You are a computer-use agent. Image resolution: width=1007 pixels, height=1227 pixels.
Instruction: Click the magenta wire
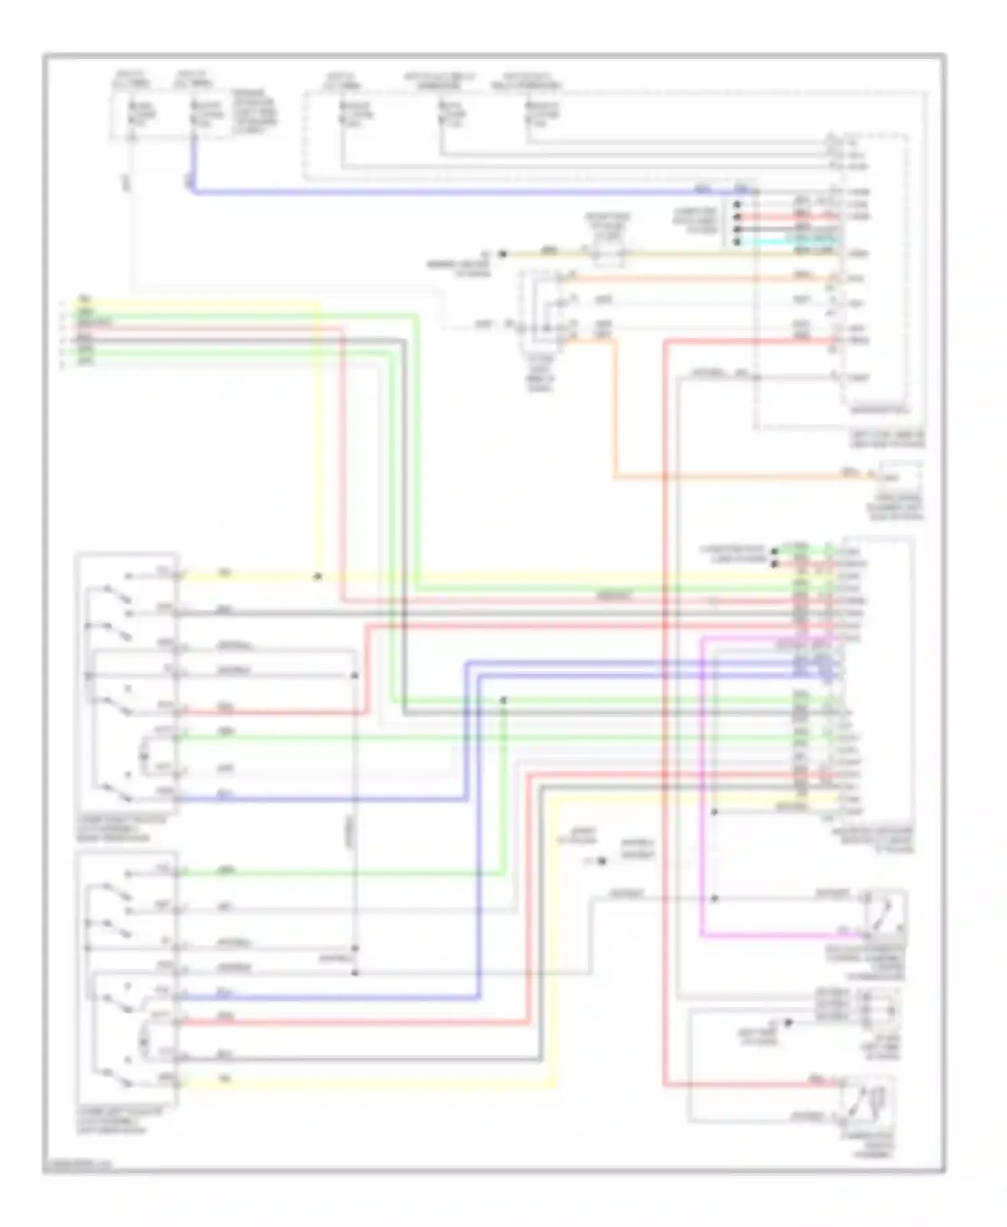(x=702, y=805)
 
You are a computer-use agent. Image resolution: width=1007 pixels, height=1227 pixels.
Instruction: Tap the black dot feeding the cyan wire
(x=737, y=241)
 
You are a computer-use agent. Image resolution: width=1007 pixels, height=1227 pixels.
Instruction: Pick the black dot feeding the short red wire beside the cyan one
(x=737, y=217)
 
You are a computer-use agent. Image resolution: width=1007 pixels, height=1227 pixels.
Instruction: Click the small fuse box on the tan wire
(x=608, y=254)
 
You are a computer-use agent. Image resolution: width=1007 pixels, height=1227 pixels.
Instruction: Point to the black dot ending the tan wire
(x=501, y=254)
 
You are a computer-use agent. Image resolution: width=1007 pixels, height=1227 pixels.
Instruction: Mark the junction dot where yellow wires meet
(x=318, y=576)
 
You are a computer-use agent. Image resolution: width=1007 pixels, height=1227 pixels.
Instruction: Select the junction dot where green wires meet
(x=503, y=700)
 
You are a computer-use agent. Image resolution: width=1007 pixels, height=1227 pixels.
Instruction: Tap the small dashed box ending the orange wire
(x=900, y=477)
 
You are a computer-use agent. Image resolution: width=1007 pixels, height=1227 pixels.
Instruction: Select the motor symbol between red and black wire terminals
(x=143, y=1041)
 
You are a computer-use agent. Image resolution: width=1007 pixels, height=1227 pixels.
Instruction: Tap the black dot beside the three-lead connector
(x=789, y=1023)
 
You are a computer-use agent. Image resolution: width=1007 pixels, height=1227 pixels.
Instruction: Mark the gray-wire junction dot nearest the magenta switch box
(x=714, y=898)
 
